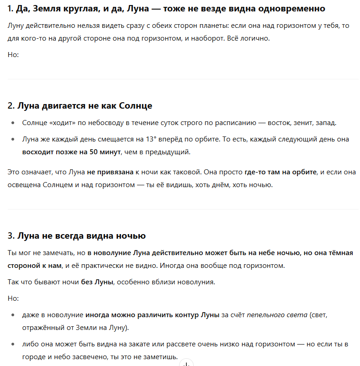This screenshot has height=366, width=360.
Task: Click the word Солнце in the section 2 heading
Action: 136,106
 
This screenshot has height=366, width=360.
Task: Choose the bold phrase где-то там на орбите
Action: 281,173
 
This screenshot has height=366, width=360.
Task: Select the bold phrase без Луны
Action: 98,282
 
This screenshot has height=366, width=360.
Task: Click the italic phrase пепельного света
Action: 277,315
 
